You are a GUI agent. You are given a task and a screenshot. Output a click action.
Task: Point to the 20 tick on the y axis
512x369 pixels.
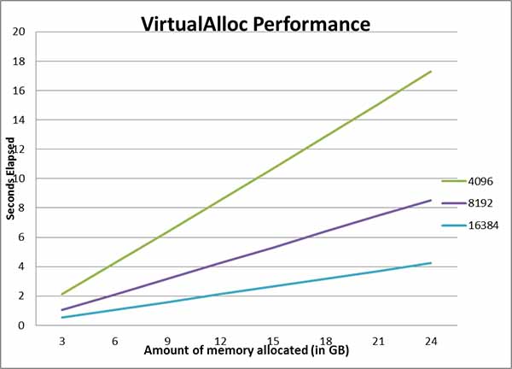(x=19, y=32)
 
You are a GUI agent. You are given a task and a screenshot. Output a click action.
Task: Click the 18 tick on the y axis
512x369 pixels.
(x=19, y=61)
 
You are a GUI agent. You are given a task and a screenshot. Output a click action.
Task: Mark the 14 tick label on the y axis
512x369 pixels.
(x=19, y=120)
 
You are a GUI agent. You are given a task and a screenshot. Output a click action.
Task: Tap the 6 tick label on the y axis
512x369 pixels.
(x=21, y=237)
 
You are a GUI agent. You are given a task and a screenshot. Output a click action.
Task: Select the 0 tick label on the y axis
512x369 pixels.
(x=21, y=325)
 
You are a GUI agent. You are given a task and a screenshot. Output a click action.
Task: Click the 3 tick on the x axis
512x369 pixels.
(x=61, y=338)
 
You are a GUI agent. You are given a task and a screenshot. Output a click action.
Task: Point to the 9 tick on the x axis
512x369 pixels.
(x=167, y=338)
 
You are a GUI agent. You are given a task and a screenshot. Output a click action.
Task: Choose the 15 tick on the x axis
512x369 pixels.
(x=272, y=338)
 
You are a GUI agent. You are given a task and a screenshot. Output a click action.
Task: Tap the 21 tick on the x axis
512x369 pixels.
(x=378, y=338)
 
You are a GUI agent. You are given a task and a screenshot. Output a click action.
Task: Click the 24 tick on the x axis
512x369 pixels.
(x=431, y=338)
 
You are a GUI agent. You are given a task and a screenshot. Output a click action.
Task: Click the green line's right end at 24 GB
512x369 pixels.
(x=431, y=72)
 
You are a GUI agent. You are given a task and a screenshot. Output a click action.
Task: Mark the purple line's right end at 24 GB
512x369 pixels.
(x=431, y=201)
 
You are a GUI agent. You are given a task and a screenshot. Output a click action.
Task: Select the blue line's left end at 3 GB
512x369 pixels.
(x=61, y=318)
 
